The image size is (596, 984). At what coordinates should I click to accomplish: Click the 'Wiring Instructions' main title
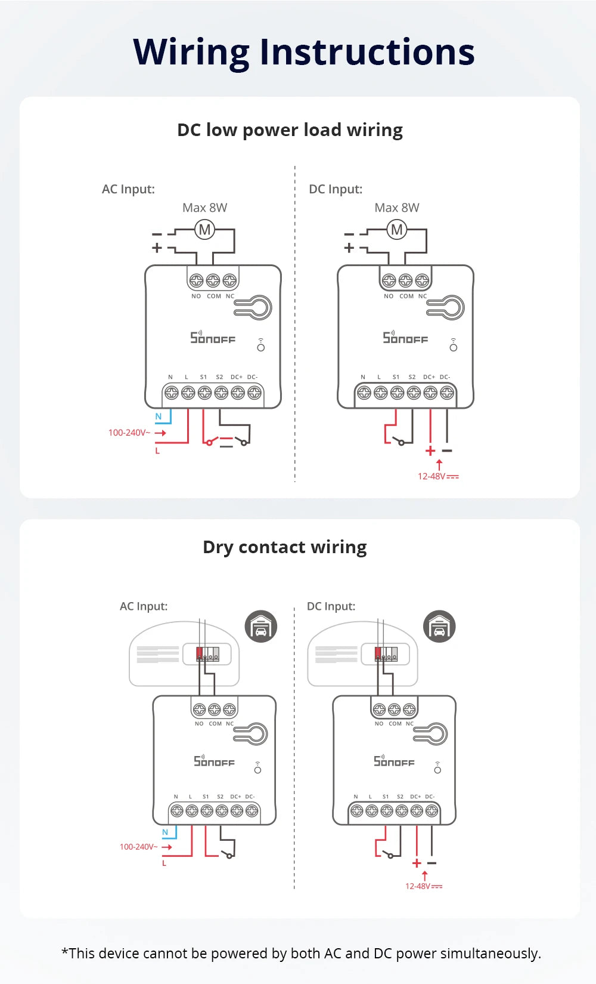303,52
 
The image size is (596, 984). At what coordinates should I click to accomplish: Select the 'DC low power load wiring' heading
290,130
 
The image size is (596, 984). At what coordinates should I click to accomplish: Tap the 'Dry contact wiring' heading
284,547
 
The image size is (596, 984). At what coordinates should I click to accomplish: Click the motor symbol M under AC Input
204,229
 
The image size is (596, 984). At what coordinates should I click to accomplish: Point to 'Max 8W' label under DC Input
396,208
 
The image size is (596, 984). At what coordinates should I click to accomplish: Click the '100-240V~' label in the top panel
129,433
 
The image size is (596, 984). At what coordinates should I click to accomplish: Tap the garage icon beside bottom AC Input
261,627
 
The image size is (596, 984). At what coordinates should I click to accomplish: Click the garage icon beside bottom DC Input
439,627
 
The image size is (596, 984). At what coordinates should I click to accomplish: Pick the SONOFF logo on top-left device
213,338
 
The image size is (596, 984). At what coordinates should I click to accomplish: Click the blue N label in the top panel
158,417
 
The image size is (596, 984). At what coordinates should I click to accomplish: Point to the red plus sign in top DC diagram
430,451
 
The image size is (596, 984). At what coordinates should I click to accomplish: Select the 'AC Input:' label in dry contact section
144,606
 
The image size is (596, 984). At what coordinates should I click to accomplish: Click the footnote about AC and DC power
301,953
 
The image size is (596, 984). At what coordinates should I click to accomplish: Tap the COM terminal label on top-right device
406,296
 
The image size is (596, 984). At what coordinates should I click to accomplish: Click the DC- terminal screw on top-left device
254,393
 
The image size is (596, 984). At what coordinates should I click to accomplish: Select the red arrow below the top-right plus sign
439,464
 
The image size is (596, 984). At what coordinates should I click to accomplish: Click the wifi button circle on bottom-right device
437,770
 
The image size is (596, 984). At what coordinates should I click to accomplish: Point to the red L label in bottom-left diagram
164,863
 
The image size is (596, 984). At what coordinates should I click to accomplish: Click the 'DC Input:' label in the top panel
336,189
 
